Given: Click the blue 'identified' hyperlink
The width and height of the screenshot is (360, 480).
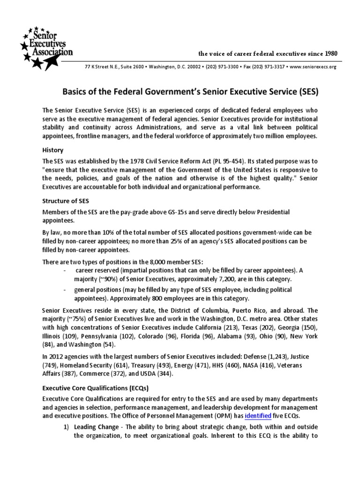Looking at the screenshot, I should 257,415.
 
